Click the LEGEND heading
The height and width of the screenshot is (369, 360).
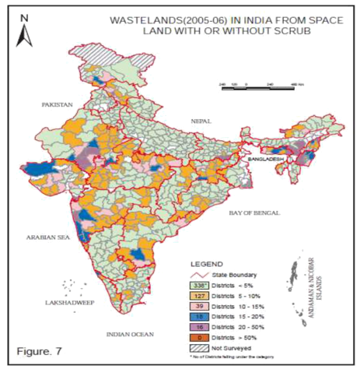pos(205,263)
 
